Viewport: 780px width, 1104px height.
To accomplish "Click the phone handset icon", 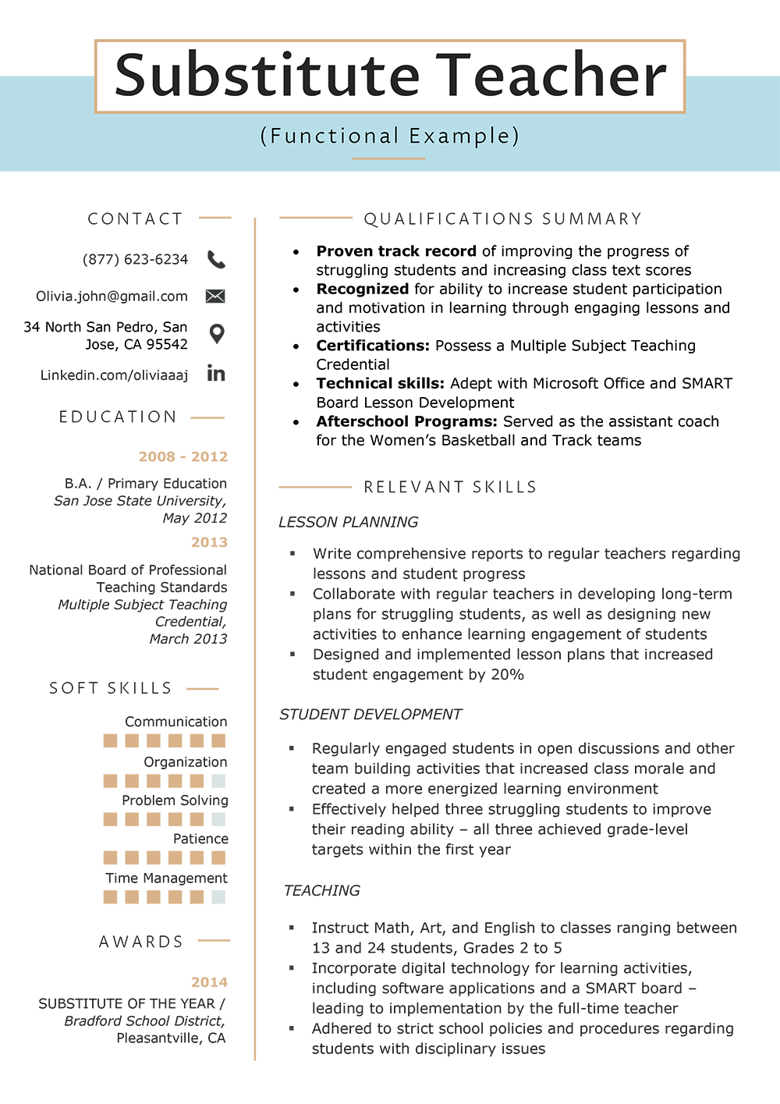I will [x=216, y=260].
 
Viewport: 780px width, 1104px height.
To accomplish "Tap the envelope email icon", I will [x=215, y=296].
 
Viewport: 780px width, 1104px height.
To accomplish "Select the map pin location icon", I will [x=217, y=334].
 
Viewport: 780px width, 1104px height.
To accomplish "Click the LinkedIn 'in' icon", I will [x=216, y=374].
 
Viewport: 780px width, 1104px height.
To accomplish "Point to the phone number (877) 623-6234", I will [x=135, y=260].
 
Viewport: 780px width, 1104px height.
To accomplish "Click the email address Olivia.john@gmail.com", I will [x=112, y=296].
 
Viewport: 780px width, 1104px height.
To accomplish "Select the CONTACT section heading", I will [x=135, y=219].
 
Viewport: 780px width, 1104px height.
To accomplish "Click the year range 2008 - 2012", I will [x=183, y=456].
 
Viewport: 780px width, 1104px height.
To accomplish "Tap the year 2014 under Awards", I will [x=209, y=982].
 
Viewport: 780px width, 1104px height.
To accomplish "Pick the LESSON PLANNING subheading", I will [x=349, y=522].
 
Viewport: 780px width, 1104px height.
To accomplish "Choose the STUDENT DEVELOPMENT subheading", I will [x=370, y=715].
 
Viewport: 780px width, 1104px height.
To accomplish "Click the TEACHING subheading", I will [x=321, y=891].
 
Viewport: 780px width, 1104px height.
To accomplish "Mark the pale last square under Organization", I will [x=218, y=781].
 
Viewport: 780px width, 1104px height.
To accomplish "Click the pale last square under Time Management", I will [x=218, y=897].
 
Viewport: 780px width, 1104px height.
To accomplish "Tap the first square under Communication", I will [x=111, y=740].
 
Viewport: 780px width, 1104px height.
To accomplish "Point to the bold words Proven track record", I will [x=396, y=251].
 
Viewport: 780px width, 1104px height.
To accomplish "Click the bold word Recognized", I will [x=362, y=289].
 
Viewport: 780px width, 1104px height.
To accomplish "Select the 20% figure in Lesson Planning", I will [x=507, y=675].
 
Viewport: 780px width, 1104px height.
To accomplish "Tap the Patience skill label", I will [x=200, y=839].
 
